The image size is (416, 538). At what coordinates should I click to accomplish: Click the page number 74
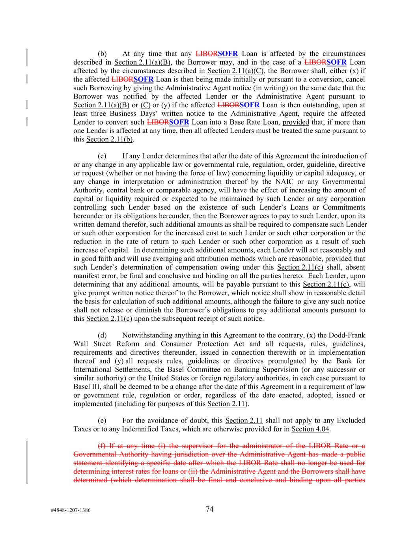pyautogui.click(x=209, y=509)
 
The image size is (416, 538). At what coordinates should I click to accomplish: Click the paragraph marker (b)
pyautogui.click(x=102, y=54)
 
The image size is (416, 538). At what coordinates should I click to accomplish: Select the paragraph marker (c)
pyautogui.click(x=102, y=156)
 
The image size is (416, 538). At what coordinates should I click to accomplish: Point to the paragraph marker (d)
pyautogui.click(x=102, y=335)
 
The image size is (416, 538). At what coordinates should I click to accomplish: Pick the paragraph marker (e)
pyautogui.click(x=102, y=421)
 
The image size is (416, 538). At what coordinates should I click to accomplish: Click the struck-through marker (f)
pyautogui.click(x=101, y=446)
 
